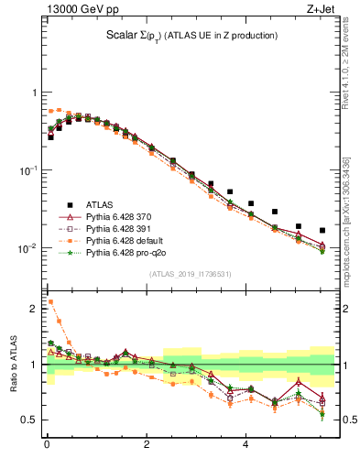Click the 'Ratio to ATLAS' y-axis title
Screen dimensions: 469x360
pos(13,365)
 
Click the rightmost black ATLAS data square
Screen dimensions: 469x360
pos(322,230)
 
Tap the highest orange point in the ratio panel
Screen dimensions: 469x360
pos(50,301)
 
